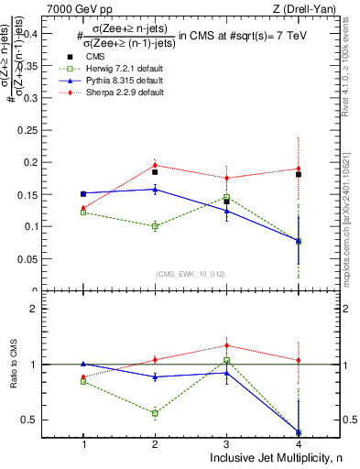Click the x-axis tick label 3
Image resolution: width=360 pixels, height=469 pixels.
click(x=227, y=443)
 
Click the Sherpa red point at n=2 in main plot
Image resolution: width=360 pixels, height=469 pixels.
click(x=155, y=165)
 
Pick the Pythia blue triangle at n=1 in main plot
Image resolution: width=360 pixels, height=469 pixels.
click(x=83, y=193)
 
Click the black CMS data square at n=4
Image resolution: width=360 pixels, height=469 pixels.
click(x=299, y=174)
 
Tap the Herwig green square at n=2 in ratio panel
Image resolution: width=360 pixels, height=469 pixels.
click(x=155, y=413)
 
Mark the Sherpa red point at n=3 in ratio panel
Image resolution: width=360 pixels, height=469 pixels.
click(x=227, y=345)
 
